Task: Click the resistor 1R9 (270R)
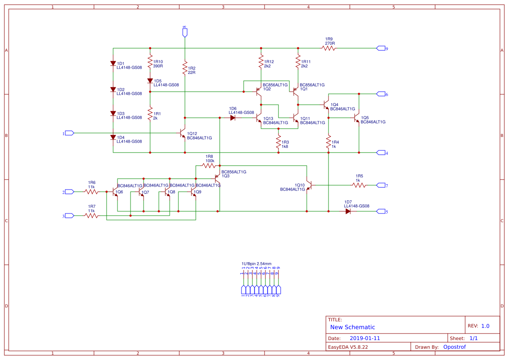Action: pyautogui.click(x=329, y=48)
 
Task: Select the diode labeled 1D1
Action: pyautogui.click(x=113, y=63)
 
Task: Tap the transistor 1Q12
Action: pyautogui.click(x=183, y=134)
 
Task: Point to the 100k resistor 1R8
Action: pyautogui.click(x=209, y=166)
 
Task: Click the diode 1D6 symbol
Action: pyautogui.click(x=233, y=117)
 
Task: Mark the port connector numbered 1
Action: pyautogui.click(x=69, y=133)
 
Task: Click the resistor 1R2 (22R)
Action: pyautogui.click(x=185, y=68)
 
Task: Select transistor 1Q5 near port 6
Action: pyautogui.click(x=357, y=117)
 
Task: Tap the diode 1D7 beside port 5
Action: pyautogui.click(x=348, y=211)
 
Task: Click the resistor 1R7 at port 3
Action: pyautogui.click(x=91, y=216)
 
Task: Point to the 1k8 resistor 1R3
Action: pyautogui.click(x=278, y=142)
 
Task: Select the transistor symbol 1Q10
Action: pyautogui.click(x=309, y=185)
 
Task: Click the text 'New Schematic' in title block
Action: pyautogui.click(x=352, y=327)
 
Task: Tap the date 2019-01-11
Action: pyautogui.click(x=365, y=338)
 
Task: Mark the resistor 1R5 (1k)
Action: pyautogui.click(x=359, y=185)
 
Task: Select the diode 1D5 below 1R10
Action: pyautogui.click(x=150, y=81)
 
